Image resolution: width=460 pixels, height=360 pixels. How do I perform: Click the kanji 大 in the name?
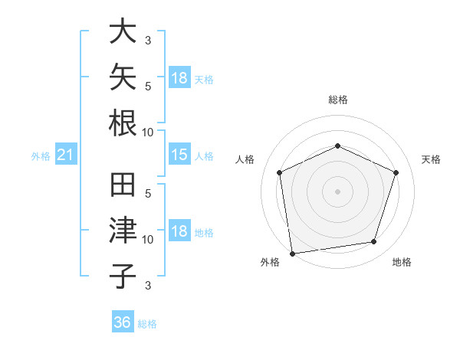123,31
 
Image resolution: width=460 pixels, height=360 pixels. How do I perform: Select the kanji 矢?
123,77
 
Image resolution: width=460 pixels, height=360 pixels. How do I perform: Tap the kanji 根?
123,123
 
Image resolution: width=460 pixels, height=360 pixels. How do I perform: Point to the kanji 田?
123,185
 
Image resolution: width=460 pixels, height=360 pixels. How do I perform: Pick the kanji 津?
123,230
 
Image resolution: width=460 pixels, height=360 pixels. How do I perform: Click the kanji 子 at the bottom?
123,277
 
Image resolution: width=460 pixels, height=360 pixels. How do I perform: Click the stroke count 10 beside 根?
147,133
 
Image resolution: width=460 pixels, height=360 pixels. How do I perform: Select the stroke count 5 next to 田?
148,194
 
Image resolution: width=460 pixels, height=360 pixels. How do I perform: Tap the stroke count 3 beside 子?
148,285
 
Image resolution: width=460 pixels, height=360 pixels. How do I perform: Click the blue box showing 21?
66,154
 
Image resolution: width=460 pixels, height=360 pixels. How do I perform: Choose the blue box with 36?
123,321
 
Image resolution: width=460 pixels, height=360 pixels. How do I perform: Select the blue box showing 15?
179,154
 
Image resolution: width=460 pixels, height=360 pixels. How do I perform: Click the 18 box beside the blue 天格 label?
179,77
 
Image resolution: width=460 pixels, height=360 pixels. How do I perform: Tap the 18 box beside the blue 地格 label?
179,230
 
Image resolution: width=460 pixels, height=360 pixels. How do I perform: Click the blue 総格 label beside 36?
147,324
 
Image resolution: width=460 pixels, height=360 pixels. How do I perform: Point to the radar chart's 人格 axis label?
245,159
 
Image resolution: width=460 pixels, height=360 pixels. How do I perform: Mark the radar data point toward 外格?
293,254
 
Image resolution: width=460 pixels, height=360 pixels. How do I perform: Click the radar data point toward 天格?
396,172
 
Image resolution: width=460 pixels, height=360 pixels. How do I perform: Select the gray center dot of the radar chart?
337,191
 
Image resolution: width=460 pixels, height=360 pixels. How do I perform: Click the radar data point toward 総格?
337,146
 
